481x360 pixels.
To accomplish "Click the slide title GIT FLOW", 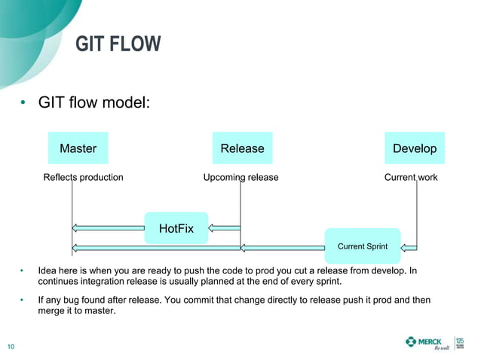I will pos(118,44).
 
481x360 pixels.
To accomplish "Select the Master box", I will pos(78,148).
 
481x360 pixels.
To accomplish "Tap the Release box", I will pos(242,148).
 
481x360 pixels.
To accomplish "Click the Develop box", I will pos(415,148).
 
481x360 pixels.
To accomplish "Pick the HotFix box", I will pos(176,228).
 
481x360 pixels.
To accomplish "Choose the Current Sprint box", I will pos(362,246).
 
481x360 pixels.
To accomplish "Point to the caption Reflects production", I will pos(83,178).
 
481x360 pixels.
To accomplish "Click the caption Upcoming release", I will pos(240,178).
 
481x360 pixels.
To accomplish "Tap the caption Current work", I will pos(411,178).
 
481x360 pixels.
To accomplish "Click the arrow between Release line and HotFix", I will pos(224,227).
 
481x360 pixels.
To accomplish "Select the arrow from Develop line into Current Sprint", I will pos(409,246).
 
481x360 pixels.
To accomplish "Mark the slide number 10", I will pos(11,346).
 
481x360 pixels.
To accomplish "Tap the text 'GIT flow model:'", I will pos(95,101).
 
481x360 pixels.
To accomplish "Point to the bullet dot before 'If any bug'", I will pos(23,301).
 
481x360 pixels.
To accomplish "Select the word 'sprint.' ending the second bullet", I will pos(328,282).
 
